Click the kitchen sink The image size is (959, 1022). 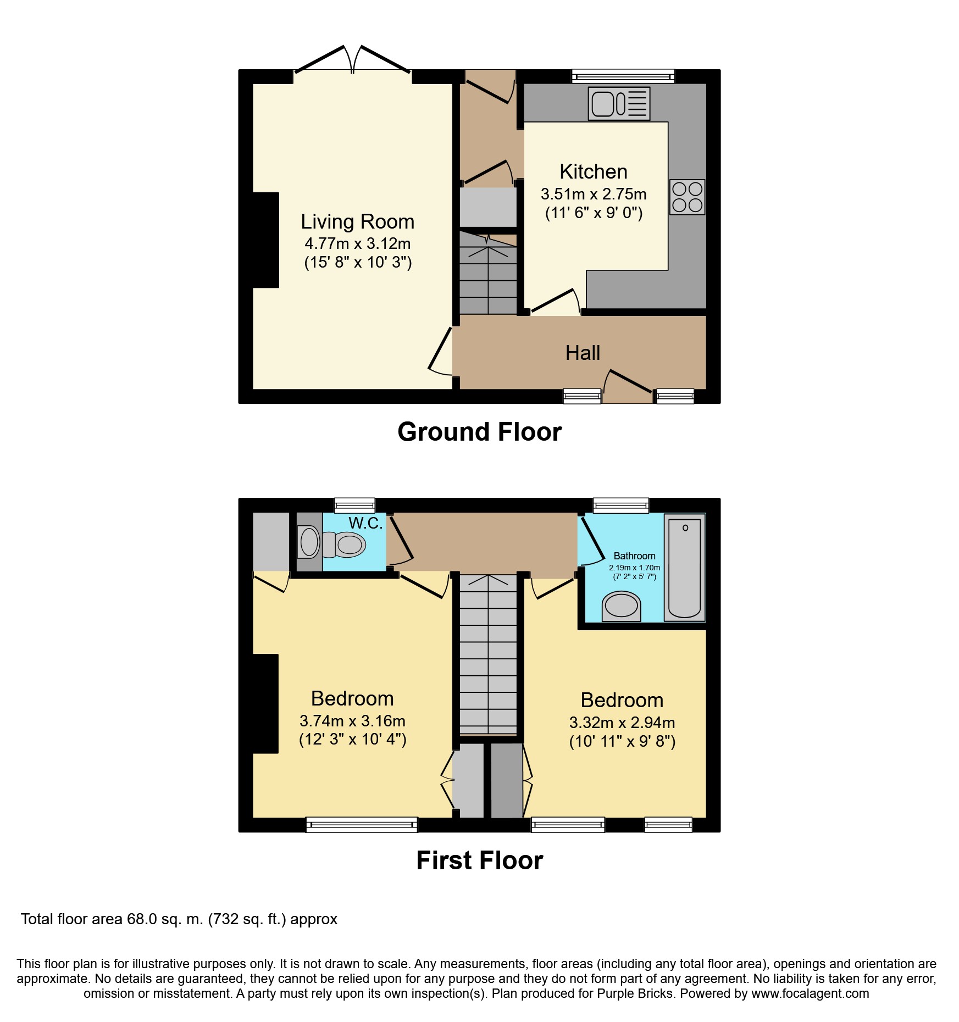tap(619, 103)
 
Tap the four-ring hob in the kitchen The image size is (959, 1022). tap(687, 197)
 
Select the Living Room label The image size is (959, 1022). tap(357, 221)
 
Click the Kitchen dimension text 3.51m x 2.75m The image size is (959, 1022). tap(594, 194)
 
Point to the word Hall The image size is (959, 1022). tap(583, 353)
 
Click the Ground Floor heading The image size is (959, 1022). tap(479, 432)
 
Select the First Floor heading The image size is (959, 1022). tap(479, 860)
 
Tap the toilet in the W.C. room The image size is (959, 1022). tap(331, 543)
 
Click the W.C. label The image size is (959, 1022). tap(365, 523)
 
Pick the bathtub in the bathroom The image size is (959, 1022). tap(685, 568)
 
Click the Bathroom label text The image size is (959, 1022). tap(634, 556)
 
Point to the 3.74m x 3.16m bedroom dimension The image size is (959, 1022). tap(352, 721)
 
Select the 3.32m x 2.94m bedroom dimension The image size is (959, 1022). tap(622, 723)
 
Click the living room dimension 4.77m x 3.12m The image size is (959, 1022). tap(358, 243)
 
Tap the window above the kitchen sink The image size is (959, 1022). tap(623, 76)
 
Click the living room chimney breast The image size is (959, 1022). tap(266, 240)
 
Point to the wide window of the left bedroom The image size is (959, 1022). tap(362, 824)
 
